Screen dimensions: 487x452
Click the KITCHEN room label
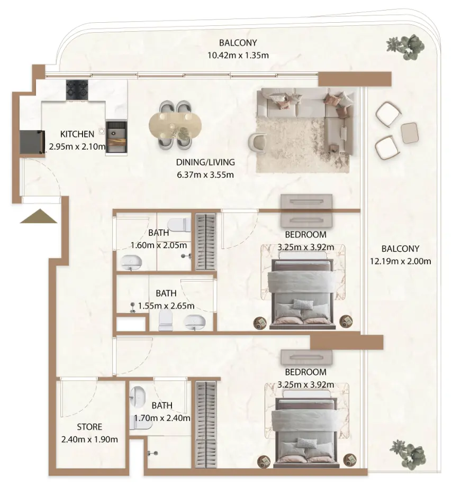point(77,134)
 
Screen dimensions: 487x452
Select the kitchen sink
point(116,136)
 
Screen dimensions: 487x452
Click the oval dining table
point(175,126)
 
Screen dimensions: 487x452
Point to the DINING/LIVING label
point(205,162)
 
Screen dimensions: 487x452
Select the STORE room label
point(89,427)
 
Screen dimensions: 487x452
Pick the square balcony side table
point(410,133)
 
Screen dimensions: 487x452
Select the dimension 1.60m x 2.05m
point(159,245)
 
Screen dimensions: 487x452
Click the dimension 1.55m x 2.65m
point(166,306)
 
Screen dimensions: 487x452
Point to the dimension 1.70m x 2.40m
point(162,418)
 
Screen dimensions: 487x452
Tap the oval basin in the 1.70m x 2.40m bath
point(139,395)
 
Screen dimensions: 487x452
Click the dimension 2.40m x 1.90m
point(89,439)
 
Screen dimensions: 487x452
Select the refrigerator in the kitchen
point(32,142)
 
